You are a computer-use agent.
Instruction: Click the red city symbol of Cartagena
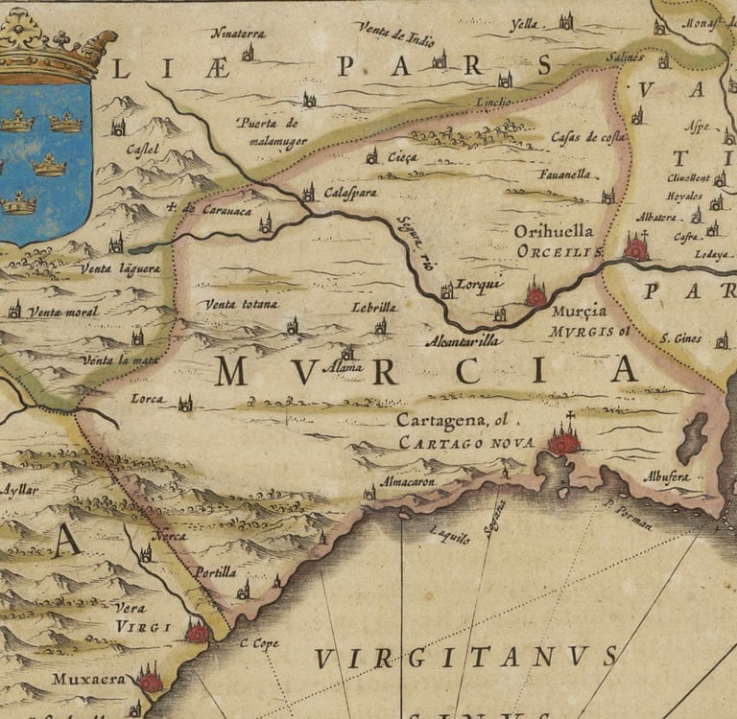[x=563, y=441]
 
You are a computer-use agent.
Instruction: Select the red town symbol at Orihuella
[x=635, y=248]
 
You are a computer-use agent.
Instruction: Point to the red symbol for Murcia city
[x=535, y=295]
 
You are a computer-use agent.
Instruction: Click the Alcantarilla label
[x=463, y=340]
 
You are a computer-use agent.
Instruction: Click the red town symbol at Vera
[x=197, y=632]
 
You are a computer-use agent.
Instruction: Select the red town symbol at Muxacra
[x=150, y=681]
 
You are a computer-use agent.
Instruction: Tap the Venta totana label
[x=241, y=305]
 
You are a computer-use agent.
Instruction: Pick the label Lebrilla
[x=374, y=307]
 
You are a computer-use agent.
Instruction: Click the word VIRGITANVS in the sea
[x=466, y=657]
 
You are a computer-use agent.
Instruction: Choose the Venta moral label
[x=62, y=312]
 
